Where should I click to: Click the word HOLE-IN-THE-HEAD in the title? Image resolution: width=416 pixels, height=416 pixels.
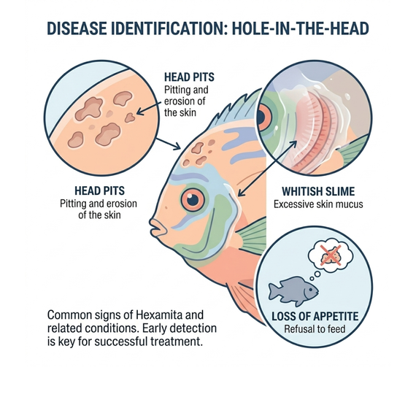point(301,28)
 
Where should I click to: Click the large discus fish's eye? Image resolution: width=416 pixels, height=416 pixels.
point(193,199)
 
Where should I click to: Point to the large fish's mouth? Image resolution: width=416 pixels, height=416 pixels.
point(157,228)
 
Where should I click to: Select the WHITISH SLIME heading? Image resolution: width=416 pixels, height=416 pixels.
point(318,191)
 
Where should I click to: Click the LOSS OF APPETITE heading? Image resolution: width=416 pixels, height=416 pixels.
point(315,316)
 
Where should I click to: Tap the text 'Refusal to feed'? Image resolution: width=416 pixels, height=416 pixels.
point(315,329)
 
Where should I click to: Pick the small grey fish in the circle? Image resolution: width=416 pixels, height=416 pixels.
point(293,291)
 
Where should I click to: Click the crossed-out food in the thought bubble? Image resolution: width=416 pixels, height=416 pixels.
point(330,255)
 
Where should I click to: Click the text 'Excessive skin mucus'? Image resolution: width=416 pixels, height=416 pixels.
point(318,204)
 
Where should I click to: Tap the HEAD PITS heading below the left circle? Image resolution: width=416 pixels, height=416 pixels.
point(99,190)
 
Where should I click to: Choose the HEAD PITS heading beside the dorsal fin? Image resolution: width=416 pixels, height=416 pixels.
point(189,77)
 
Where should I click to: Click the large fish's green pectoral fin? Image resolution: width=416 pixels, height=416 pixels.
point(251,236)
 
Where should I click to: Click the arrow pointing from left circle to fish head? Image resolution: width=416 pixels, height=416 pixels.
point(168,144)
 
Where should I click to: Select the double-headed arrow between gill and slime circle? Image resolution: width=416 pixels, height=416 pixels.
point(267,169)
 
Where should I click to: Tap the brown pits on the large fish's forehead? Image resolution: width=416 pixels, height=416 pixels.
point(199,153)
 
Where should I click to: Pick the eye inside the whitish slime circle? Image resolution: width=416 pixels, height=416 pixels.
point(263,118)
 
